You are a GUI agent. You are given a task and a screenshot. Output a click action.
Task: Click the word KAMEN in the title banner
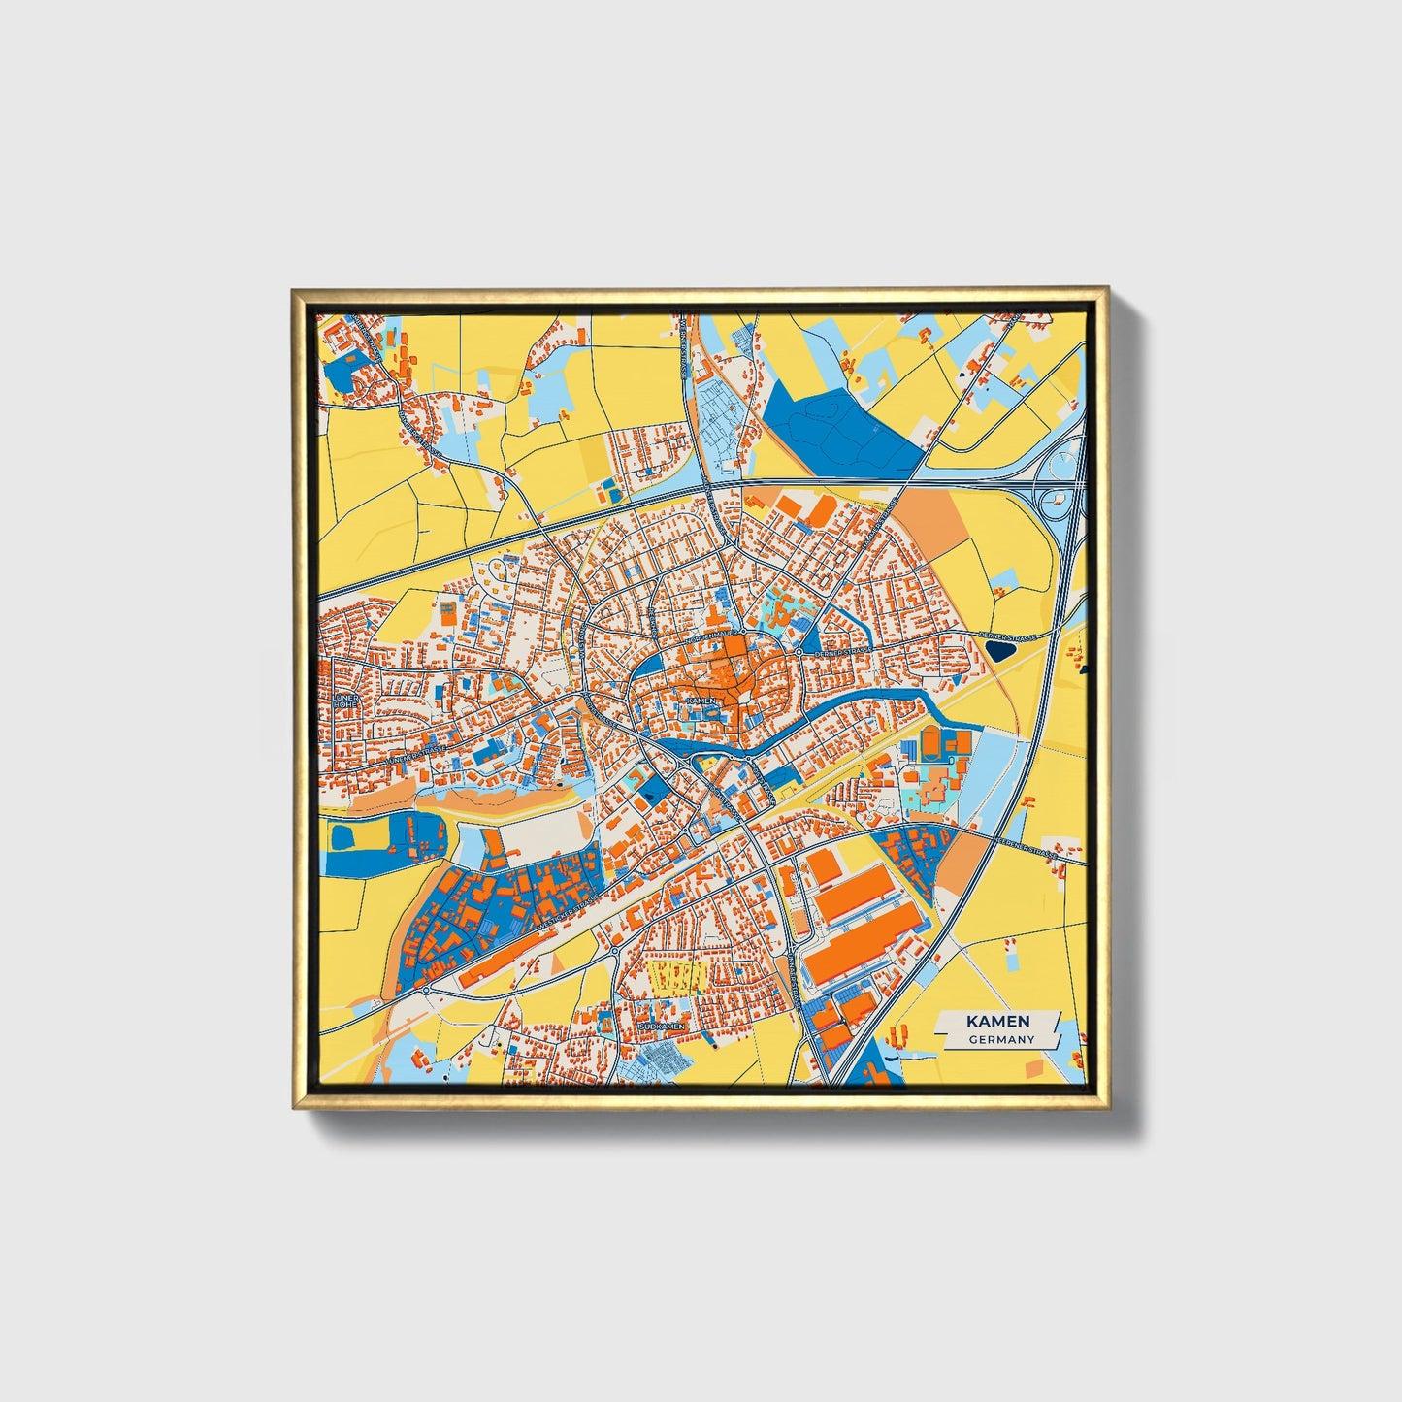998,1022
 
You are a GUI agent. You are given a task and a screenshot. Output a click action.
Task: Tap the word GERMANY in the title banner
1000,1039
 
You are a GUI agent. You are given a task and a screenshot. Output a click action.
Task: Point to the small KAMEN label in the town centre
701,700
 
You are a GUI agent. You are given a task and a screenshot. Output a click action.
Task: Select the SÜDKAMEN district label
664,1026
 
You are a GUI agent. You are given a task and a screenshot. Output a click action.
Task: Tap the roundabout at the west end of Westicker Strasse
426,990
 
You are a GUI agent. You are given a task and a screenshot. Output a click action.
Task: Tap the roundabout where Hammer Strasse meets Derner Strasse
799,652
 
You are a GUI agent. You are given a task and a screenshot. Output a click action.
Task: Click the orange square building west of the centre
447,612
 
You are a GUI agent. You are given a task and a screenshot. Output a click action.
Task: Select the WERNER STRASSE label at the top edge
685,349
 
